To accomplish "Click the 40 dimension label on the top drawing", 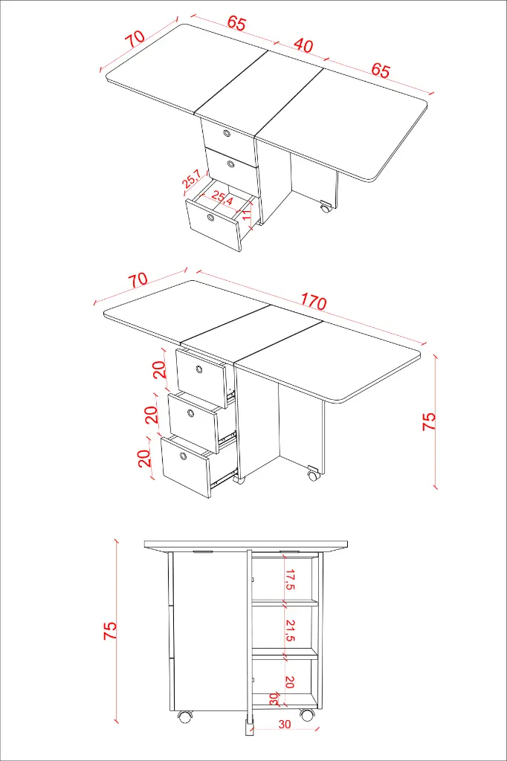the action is coord(303,45).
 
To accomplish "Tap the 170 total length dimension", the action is coord(313,302).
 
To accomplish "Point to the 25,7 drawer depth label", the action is coord(191,179).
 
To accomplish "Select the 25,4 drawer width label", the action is coord(222,198).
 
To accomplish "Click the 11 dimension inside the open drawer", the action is coord(248,213).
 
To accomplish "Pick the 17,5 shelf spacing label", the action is coord(290,579).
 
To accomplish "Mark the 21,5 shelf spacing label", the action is coord(290,630).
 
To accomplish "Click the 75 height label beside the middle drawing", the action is coord(429,422).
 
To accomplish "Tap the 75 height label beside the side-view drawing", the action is coord(110,630).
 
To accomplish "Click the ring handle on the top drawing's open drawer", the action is coord(211,217).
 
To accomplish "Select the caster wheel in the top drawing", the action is coord(325,207).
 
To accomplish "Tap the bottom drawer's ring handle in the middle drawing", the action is coord(183,456).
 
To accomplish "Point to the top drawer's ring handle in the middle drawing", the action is coord(199,370).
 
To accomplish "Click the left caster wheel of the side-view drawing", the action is coord(184,716).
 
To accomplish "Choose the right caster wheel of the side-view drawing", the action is coord(306,714).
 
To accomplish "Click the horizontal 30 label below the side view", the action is coord(285,724).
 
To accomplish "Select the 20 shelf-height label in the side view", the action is coord(290,682).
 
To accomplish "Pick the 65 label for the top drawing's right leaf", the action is coord(381,70).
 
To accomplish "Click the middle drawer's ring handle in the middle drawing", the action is coord(191,413).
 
